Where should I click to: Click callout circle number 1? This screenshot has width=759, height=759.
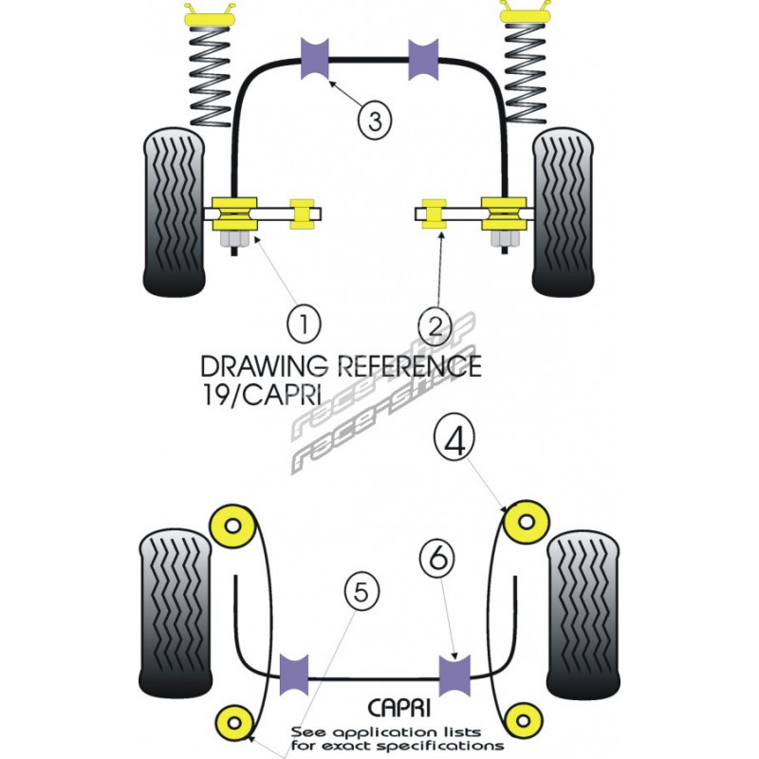point(304,325)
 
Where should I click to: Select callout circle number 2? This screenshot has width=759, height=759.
point(435,325)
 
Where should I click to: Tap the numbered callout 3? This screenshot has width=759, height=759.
point(374,120)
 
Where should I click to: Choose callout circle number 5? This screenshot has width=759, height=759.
point(360,594)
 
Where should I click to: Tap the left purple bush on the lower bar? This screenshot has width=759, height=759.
point(298,675)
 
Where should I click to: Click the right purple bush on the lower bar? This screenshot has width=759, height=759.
point(457,675)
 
